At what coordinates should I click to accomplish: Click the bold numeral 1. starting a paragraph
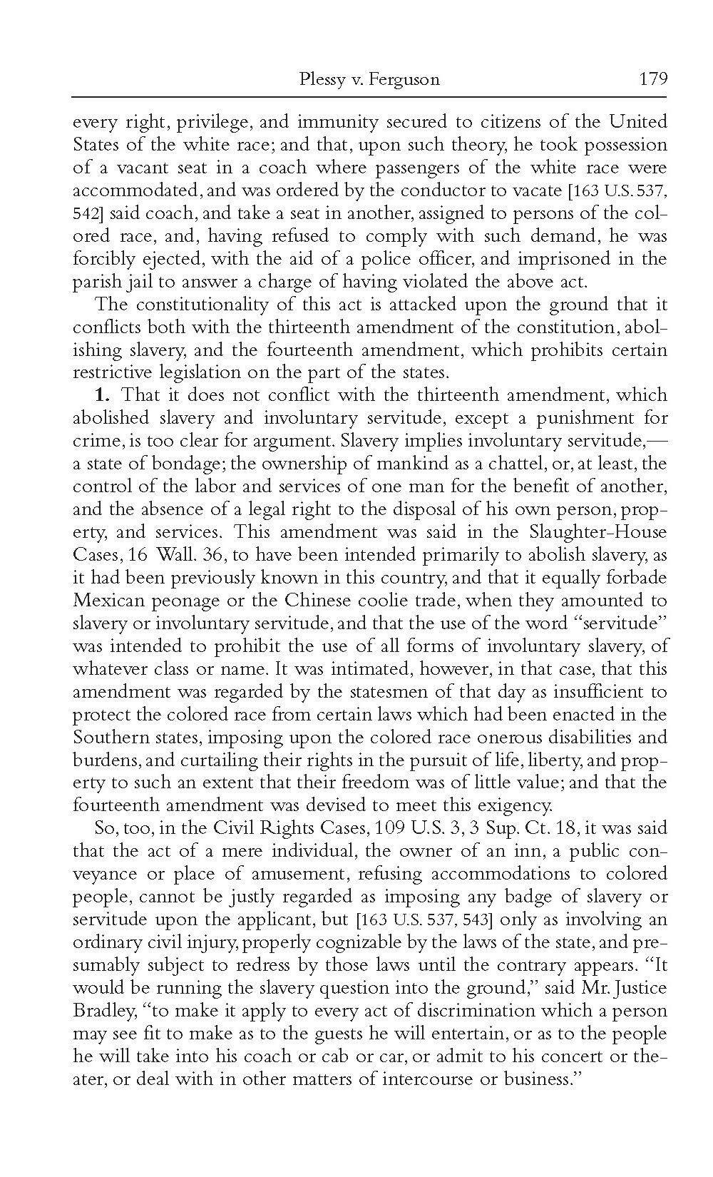(103, 394)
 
